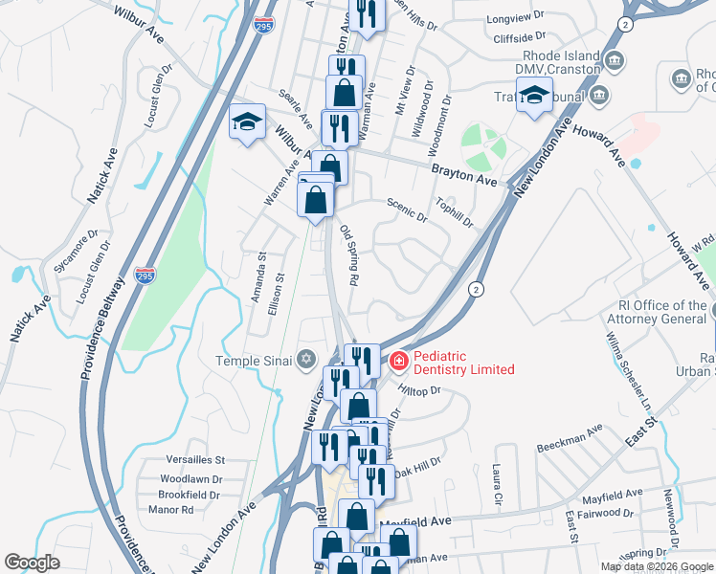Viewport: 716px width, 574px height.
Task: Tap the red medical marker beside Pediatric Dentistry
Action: [x=397, y=363]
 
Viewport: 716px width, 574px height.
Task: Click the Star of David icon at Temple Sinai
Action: [x=305, y=360]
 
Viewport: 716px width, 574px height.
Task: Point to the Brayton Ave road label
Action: [x=464, y=173]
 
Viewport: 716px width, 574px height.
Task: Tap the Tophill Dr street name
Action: [x=455, y=215]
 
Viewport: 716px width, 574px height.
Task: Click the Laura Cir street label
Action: [x=496, y=485]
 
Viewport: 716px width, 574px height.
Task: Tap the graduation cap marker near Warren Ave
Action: [x=247, y=121]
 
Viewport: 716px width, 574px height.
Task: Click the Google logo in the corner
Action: [x=32, y=563]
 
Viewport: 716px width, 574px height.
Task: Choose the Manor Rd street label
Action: [x=172, y=511]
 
